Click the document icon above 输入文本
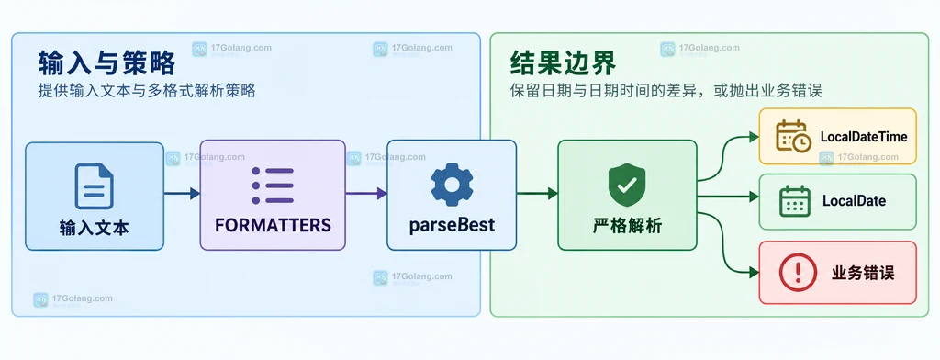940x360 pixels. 95,186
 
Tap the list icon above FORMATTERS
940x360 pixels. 273,186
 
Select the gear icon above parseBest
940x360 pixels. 452,185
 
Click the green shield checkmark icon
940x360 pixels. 627,185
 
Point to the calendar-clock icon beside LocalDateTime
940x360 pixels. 794,135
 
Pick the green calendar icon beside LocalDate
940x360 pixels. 795,201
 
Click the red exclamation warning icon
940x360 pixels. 798,272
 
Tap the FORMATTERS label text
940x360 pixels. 273,225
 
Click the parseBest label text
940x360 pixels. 452,225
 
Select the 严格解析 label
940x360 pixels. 627,226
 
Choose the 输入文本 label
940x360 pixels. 95,228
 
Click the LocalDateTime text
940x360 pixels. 864,137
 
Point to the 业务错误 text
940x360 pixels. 863,273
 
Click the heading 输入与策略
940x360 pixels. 106,62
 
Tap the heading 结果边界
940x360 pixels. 563,62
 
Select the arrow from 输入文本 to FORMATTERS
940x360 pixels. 182,193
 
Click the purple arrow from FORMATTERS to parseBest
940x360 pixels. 366,193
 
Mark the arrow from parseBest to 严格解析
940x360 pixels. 537,193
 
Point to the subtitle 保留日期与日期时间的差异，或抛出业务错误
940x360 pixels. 666,91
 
